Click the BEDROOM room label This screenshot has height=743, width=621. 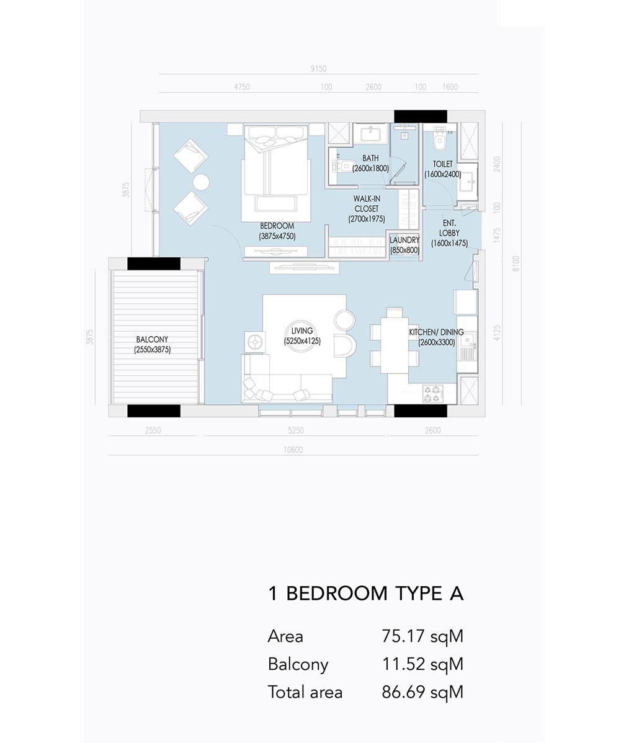pos(277,226)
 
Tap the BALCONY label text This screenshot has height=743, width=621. pos(152,339)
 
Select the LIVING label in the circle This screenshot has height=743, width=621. pos(302,331)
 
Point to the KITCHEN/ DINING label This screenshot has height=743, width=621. pos(436,332)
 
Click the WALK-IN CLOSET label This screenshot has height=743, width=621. pos(367,204)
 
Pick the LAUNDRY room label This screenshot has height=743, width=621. pos(404,240)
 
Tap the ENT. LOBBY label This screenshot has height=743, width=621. pos(449,228)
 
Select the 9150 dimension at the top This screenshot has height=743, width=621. pos(318,69)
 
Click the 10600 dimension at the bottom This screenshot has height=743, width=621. pos(293,450)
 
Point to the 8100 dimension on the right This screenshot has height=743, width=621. pos(516,264)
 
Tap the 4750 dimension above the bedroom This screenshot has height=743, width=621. pos(242,87)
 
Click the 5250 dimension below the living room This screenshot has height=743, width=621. pos(296,431)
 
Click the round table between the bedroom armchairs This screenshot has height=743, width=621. pos(201,182)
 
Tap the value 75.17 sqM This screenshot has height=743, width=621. pos(422,636)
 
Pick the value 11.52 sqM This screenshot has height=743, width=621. pos(422,664)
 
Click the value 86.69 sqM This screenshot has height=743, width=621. pos(422,692)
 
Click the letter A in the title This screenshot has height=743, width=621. pos(456,594)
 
